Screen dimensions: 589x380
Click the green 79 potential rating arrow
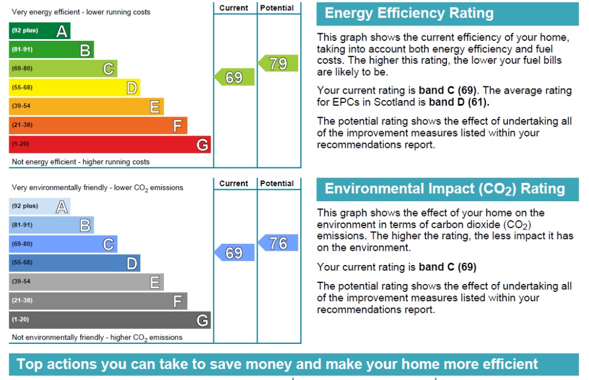278,63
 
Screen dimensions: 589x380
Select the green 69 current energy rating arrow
234,77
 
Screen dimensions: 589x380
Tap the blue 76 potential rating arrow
278,243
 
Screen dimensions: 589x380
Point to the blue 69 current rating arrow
234,252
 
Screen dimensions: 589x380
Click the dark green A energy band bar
40,31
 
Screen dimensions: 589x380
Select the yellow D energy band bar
74,87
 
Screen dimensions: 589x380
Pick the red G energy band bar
110,144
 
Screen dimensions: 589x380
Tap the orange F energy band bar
98,125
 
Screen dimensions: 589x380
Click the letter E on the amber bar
155,106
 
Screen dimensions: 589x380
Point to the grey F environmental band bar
98,301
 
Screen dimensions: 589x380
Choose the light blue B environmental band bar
51,225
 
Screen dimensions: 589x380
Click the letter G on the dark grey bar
202,320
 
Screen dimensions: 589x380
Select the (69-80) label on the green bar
22,68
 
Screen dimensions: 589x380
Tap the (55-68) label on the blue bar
22,262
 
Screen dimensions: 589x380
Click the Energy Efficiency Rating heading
409,13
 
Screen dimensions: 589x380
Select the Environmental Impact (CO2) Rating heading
445,189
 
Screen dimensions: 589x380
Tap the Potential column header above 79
277,8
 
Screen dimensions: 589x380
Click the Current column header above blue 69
234,183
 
